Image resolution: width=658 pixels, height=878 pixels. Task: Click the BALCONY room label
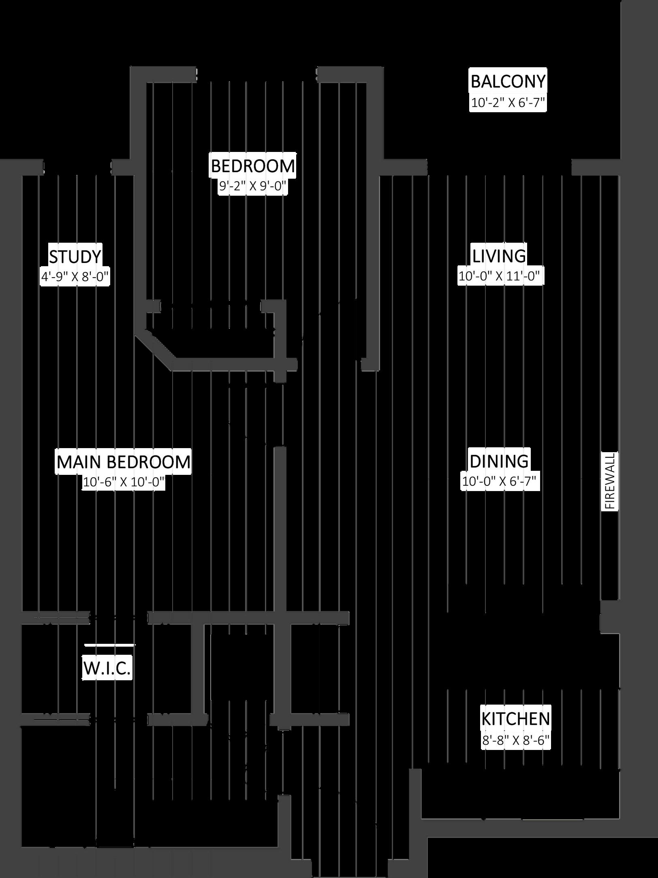508,81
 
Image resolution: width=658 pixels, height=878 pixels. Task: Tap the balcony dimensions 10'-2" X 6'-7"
508,103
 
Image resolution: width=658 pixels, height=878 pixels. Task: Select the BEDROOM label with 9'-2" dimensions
253,166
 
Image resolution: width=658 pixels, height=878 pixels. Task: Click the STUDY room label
75,256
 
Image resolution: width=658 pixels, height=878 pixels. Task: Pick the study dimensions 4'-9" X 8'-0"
75,277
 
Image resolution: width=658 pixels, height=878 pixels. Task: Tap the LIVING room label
499,256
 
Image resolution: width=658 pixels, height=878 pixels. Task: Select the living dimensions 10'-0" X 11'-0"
499,277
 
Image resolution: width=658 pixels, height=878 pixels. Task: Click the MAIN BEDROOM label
124,462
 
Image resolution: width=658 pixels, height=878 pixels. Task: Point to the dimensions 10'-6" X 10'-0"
124,482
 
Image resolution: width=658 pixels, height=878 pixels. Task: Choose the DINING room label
499,461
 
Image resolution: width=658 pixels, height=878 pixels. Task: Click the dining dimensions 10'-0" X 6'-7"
499,481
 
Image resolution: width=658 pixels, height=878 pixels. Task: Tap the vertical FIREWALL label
610,481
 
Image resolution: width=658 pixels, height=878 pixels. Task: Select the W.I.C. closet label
107,669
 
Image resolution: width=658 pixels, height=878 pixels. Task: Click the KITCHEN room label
515,719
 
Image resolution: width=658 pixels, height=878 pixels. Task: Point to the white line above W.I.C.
109,644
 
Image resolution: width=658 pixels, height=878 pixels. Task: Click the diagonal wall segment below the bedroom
156,347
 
